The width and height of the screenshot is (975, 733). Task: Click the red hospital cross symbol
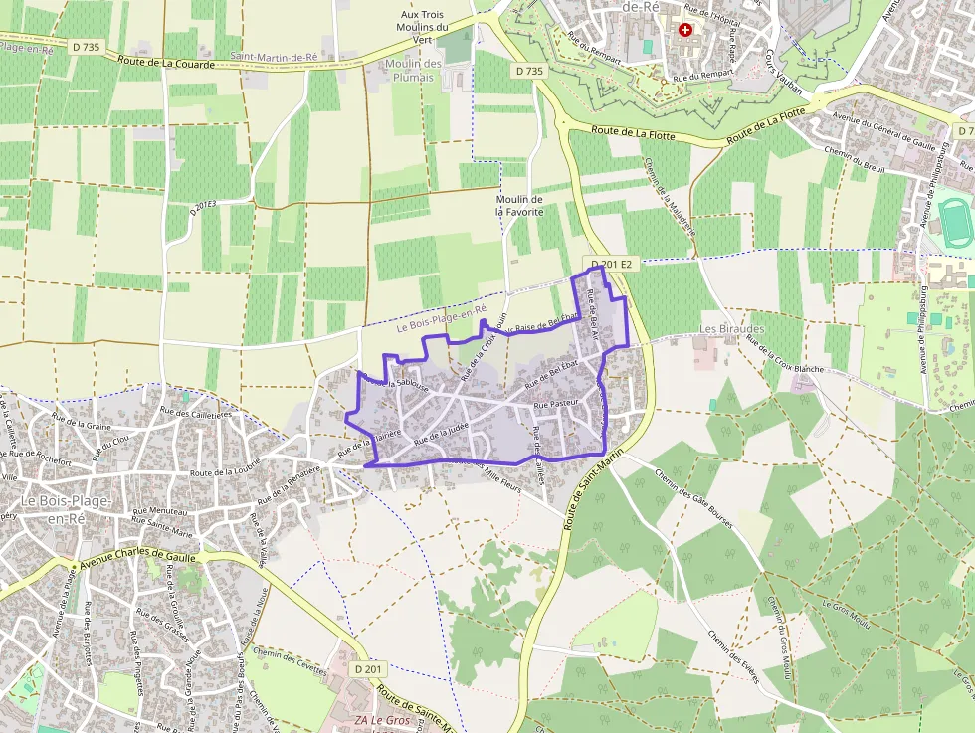[684, 30]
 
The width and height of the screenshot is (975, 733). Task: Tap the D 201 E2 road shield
[612, 265]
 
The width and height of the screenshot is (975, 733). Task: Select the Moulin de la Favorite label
[519, 206]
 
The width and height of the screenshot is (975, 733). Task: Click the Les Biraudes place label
[731, 329]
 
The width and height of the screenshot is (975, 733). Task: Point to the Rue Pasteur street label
[556, 405]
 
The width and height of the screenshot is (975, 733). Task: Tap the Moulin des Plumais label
[413, 70]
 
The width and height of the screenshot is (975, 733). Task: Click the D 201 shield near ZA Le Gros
[368, 669]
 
